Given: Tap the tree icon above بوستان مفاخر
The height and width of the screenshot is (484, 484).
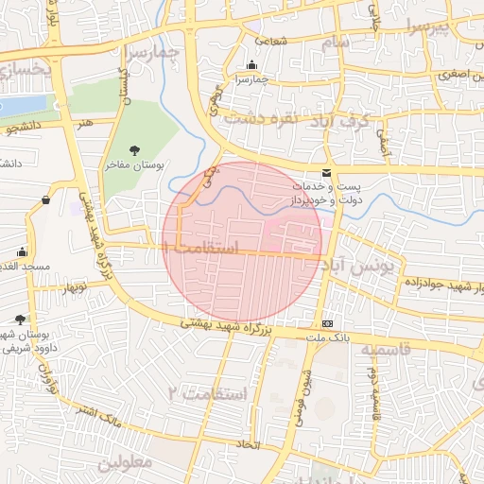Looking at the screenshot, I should (x=134, y=149).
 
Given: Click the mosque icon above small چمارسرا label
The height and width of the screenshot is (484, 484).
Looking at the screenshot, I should (x=251, y=65).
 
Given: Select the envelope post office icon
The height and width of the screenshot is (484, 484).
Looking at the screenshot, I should (x=326, y=173).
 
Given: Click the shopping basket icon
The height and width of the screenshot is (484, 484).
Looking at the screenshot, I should (x=46, y=199).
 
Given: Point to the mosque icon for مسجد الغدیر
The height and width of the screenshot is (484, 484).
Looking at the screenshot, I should (x=22, y=252).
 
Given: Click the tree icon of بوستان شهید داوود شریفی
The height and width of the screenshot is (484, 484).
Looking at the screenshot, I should (x=21, y=320).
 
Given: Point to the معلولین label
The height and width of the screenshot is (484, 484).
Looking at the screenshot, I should (x=124, y=462).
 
